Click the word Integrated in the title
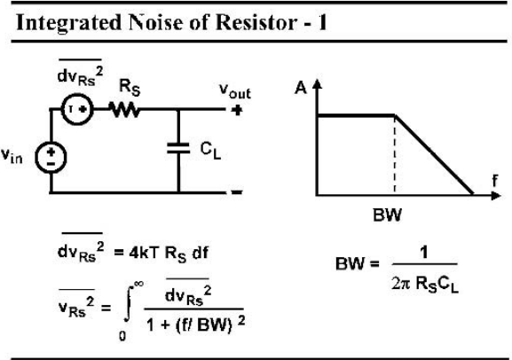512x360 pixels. tap(68, 24)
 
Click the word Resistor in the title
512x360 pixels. tap(256, 22)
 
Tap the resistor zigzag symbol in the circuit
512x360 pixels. tap(125, 109)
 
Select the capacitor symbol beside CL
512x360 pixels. tap(178, 148)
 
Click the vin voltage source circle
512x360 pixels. tap(51, 157)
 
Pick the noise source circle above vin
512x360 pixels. tap(78, 109)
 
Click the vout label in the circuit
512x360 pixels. tap(235, 90)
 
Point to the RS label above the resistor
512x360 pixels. tap(130, 88)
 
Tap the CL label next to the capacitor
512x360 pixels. tap(210, 151)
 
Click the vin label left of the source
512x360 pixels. tap(12, 155)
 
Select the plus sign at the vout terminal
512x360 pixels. tap(237, 110)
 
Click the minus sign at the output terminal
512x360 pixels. tap(237, 192)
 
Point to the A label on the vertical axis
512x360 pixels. tap(301, 88)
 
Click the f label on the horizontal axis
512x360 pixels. tap(495, 181)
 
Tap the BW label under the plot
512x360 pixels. tap(387, 215)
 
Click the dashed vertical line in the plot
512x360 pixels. tap(395, 154)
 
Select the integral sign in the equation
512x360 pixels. tap(129, 304)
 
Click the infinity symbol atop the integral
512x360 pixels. tap(138, 284)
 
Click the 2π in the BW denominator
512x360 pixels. tap(401, 284)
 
